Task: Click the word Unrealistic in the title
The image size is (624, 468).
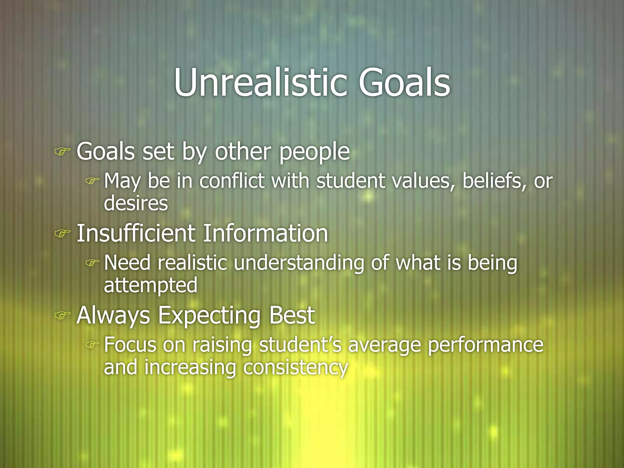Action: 261,83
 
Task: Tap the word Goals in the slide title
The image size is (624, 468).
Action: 404,83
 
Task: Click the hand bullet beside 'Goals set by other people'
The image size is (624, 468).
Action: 62,151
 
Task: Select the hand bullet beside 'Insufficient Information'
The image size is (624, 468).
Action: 62,233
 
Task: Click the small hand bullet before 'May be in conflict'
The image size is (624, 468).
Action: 92,181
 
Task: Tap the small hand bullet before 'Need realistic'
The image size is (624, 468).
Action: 92,263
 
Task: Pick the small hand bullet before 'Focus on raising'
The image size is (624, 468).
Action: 92,345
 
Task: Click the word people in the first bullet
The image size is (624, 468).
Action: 314,152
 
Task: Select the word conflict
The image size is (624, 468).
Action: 232,181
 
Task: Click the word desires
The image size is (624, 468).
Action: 136,203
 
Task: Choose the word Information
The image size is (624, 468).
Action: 265,233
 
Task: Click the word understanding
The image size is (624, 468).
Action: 299,263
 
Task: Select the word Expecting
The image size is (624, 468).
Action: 209,316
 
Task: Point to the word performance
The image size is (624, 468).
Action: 486,346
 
